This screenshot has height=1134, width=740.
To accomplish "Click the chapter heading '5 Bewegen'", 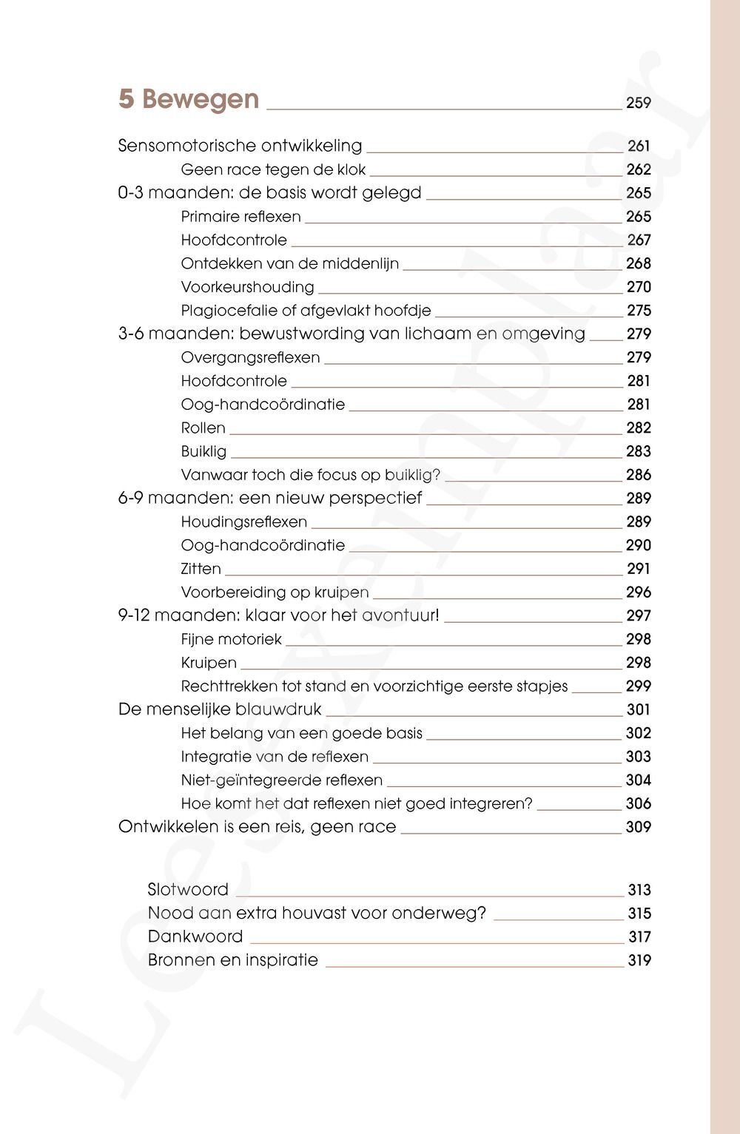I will tap(189, 99).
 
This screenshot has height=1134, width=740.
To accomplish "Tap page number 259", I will tap(638, 104).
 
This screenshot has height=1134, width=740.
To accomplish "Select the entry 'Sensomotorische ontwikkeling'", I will tap(240, 146).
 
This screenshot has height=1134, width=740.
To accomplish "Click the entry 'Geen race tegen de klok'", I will tap(273, 169).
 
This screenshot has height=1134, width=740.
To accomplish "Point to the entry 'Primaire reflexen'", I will tap(240, 217).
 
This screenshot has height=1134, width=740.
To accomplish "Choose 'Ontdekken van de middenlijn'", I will tap(289, 263).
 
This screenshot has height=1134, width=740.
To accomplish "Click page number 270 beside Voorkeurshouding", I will tap(639, 287).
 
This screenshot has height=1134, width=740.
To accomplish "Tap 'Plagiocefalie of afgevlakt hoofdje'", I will tap(306, 311).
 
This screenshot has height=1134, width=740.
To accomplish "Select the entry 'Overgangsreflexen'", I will tap(250, 357).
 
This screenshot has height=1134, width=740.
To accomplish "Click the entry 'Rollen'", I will tap(203, 428).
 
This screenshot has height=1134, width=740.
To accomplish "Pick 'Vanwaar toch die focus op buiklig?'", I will tap(310, 475).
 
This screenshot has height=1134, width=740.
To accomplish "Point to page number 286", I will tap(639, 475).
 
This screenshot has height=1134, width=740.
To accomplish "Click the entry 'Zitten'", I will tap(201, 569).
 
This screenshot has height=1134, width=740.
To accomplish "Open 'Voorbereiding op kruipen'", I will tap(275, 593).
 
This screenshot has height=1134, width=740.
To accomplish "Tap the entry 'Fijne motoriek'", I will tap(231, 639).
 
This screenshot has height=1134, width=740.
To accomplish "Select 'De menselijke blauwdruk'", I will tap(220, 709).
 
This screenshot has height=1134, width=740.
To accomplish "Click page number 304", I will tap(639, 780).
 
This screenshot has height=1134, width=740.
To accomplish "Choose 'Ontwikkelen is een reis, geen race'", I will tap(257, 827).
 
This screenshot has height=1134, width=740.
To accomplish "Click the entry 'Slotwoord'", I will tap(188, 890).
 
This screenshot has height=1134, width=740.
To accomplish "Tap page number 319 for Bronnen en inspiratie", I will tap(639, 961).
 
